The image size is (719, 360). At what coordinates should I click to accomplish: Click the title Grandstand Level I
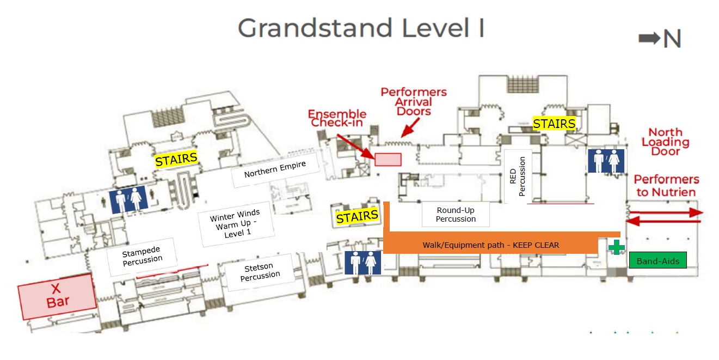pyautogui.click(x=361, y=28)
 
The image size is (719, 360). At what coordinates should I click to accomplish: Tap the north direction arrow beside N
pyautogui.click(x=649, y=38)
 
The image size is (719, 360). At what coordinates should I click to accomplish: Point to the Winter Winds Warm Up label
pyautogui.click(x=235, y=223)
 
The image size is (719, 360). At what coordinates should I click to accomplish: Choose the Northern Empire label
pyautogui.click(x=275, y=169)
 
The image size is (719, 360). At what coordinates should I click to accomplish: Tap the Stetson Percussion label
pyautogui.click(x=260, y=271)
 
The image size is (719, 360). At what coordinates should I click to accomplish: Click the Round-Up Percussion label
pyautogui.click(x=456, y=215)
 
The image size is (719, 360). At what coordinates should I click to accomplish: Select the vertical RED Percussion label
pyautogui.click(x=518, y=176)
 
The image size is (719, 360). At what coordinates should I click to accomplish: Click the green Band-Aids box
pyautogui.click(x=657, y=261)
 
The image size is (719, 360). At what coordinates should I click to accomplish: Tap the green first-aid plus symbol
pyautogui.click(x=616, y=247)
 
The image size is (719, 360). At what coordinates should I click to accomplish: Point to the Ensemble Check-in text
pyautogui.click(x=337, y=118)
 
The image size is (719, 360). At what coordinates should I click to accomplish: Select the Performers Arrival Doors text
pyautogui.click(x=414, y=102)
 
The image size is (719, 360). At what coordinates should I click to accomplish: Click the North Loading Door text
pyautogui.click(x=665, y=142)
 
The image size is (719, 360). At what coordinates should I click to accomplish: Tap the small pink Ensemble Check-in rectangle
pyautogui.click(x=388, y=159)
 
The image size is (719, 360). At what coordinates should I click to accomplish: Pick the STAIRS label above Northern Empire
pyautogui.click(x=176, y=160)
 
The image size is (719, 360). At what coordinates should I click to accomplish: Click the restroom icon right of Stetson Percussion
pyautogui.click(x=363, y=263)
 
